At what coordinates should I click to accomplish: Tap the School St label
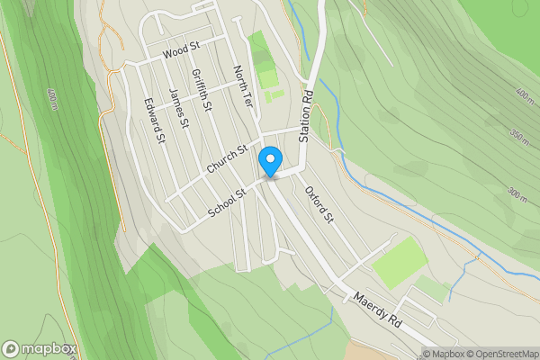point(227,202)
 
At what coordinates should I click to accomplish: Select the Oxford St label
point(319,205)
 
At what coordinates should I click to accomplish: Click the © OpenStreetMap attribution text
point(503,353)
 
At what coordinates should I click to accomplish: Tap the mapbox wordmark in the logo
point(50,349)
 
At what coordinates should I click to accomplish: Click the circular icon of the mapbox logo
point(12,349)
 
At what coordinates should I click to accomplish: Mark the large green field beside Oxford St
point(400,262)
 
